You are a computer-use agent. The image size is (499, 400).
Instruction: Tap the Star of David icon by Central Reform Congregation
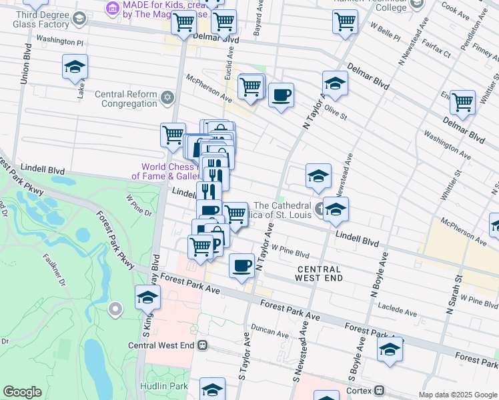pos(167,99)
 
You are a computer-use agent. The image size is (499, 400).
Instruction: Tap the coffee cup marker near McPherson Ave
pos(281,95)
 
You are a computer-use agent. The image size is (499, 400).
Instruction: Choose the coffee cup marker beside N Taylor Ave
pos(241,266)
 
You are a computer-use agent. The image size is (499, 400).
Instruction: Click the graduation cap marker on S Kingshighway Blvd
pos(147,297)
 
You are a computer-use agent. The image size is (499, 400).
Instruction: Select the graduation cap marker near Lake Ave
pos(75,67)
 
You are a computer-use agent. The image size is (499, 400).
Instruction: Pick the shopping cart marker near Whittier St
pos(462,102)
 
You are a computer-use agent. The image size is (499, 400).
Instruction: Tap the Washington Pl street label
pos(59,41)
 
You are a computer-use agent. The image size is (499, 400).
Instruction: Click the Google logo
pos(22,392)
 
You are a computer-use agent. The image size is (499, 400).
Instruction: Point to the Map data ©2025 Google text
pos(457,395)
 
